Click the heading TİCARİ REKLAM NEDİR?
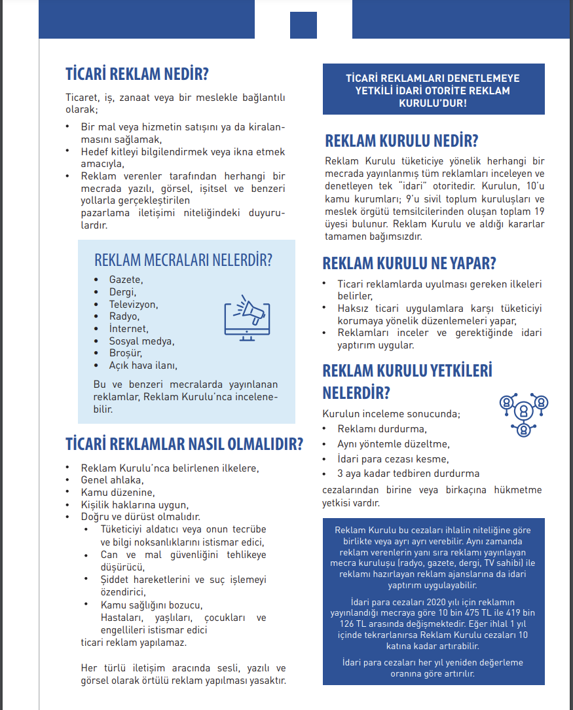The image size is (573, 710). (138, 73)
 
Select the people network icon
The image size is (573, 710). (523, 413)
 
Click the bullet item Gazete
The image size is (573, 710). (126, 280)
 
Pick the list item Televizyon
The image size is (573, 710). (134, 305)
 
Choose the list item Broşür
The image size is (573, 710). (126, 353)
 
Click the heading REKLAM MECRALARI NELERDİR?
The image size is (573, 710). (183, 259)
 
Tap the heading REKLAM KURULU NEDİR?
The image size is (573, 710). (401, 141)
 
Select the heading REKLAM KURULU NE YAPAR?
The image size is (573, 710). (409, 263)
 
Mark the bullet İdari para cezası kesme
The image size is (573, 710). (393, 458)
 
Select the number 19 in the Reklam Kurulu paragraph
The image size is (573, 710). (538, 212)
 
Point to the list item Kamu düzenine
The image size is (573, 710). (118, 492)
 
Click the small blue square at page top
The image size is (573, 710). (303, 25)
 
